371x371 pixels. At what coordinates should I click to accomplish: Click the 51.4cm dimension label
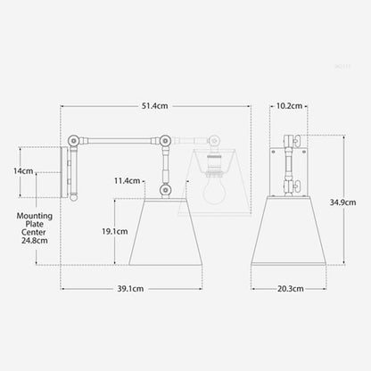[156, 106]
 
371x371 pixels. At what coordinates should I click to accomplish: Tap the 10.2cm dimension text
[288, 106]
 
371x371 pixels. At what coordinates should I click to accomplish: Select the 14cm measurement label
[23, 171]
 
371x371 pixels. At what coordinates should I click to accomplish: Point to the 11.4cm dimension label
[128, 181]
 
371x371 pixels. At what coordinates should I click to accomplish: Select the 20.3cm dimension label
[288, 288]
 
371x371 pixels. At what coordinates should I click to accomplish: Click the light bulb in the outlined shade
[211, 191]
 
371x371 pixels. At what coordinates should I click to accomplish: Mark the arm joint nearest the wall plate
[72, 140]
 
